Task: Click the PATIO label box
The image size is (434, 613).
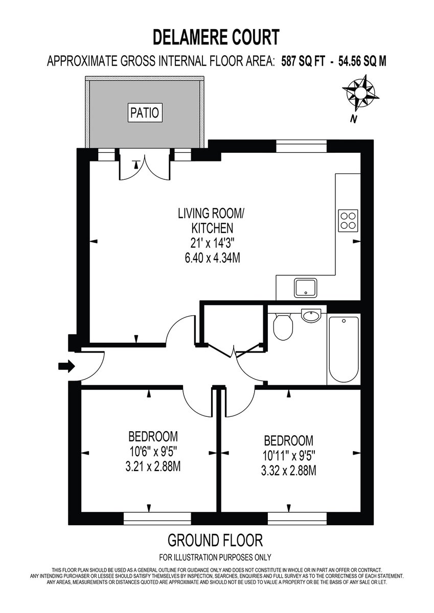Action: pos(145,112)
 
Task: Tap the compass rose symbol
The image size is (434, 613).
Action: pos(360,93)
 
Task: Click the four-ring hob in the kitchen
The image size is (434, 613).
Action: pos(348,221)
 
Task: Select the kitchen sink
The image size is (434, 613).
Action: pos(306,288)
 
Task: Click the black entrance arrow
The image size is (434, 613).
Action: pos(66,366)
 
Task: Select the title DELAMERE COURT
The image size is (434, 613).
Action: pos(216,37)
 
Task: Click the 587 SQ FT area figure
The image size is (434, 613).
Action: pos(303,61)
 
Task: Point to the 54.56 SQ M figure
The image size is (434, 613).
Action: pos(362,61)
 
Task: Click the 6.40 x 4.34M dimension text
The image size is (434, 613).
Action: pos(213,258)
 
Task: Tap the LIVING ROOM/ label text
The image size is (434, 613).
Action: pos(211,214)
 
